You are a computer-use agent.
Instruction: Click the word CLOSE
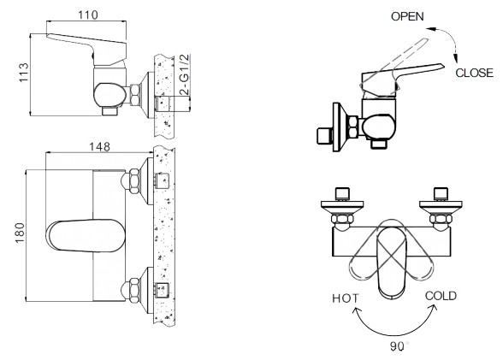pyautogui.click(x=474, y=74)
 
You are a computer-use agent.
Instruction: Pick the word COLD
pyautogui.click(x=441, y=296)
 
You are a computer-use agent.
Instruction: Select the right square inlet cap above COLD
pyautogui.click(x=442, y=192)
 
